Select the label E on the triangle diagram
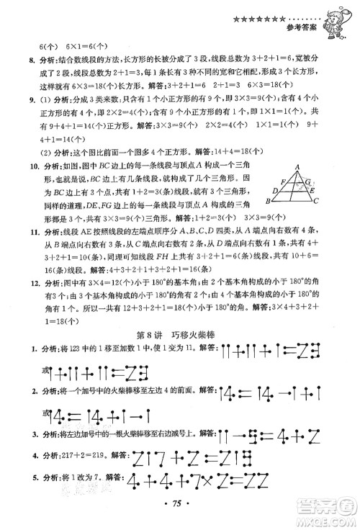point(312,190)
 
